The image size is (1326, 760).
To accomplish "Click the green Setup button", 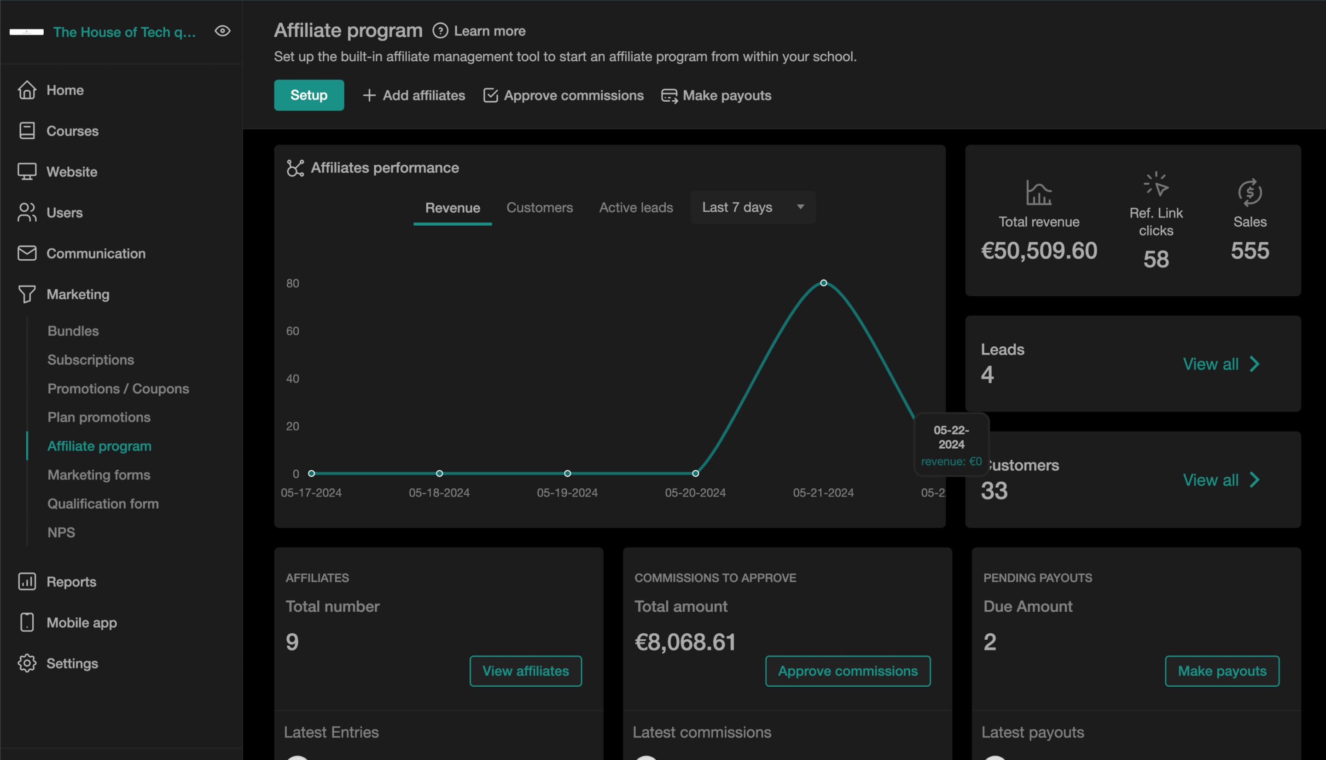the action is pos(309,95).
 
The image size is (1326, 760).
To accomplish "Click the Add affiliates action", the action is pos(413,95).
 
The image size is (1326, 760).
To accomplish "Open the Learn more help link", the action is pos(479,31).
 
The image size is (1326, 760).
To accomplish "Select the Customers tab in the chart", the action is pos(539,207).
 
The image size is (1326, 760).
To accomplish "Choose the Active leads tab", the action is pos(636,207).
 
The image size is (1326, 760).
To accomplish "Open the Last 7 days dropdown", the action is pos(753,207).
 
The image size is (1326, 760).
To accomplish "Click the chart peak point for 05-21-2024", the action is pos(824,283).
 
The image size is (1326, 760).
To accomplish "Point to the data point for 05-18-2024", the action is pos(439,474).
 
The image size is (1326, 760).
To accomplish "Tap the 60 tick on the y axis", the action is pos(293,331).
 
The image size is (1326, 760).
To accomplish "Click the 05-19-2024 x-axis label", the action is pos(567,493).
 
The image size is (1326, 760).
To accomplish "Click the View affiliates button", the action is pos(525,671).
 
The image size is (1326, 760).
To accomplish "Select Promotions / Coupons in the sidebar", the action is pos(118,388).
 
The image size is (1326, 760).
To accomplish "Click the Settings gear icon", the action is pos(27,663).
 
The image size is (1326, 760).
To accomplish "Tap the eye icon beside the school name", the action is pos(223,31).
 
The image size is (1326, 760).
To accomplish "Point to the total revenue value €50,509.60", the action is pos(1039,251).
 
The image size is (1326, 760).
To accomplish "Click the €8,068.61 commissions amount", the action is pos(685,642).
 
